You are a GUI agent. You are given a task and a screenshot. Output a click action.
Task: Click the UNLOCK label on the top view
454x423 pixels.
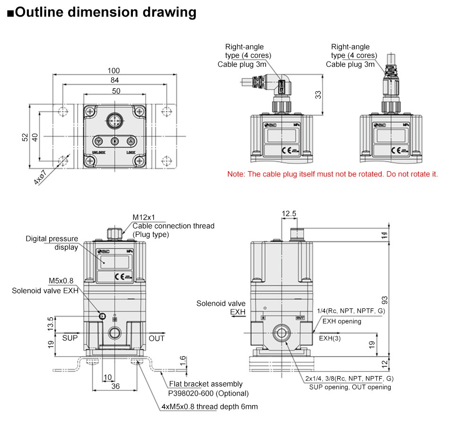[x=98, y=152]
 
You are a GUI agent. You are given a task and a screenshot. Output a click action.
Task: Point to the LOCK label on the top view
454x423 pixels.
[x=131, y=152]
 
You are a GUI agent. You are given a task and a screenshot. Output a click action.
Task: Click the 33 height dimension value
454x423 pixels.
[x=318, y=95]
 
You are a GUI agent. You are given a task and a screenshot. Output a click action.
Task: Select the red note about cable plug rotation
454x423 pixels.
[x=332, y=174]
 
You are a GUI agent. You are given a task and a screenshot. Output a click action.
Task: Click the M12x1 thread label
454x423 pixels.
[x=143, y=217]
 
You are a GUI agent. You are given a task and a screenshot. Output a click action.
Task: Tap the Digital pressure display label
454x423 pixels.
[x=52, y=243]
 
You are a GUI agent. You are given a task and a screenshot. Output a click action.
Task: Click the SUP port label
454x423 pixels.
[x=70, y=338]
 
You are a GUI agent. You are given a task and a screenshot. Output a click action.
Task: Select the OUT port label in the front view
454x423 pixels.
[x=157, y=338]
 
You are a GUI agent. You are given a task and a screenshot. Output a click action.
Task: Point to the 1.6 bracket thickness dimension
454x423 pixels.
[x=182, y=361]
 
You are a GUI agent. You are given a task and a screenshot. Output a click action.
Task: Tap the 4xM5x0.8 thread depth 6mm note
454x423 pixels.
[x=210, y=407]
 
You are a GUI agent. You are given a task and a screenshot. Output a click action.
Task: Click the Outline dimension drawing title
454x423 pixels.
[x=102, y=12]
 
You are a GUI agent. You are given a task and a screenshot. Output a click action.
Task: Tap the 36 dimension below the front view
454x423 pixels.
[x=115, y=386]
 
